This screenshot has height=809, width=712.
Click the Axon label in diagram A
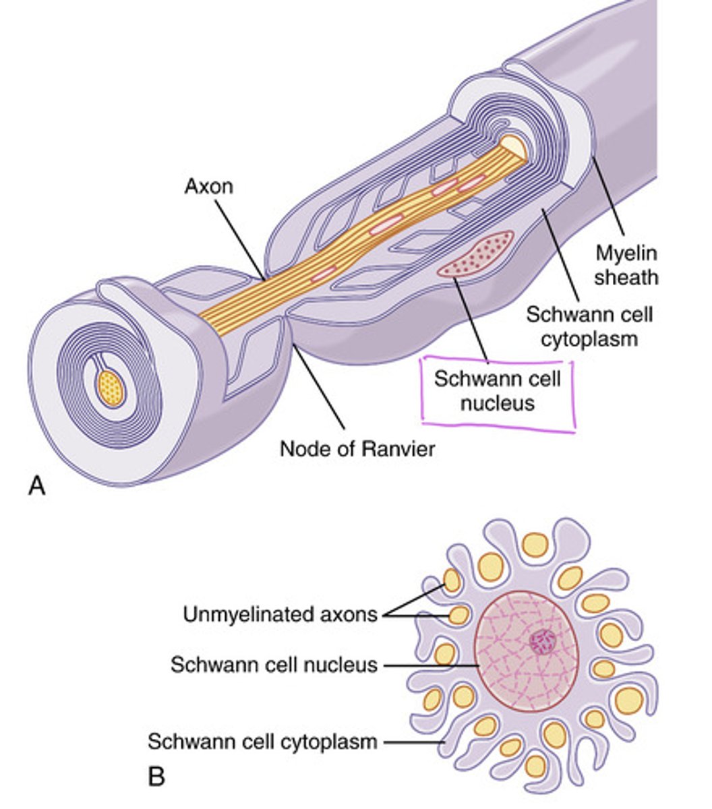(x=208, y=185)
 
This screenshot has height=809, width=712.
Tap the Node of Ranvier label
(x=357, y=448)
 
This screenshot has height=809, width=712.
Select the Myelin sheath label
(x=626, y=265)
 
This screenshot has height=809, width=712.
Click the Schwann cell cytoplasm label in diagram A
(x=590, y=325)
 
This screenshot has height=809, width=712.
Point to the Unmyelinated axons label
(x=280, y=614)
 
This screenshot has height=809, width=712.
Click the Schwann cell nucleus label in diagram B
(x=273, y=665)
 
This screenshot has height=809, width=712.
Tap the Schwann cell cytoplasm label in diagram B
(x=262, y=742)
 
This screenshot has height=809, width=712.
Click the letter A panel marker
(x=37, y=485)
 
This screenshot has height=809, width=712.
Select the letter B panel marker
(x=156, y=777)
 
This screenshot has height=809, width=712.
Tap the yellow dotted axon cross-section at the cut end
(x=111, y=388)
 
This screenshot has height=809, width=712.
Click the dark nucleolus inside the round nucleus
(x=541, y=642)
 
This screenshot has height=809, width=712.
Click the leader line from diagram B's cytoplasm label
(x=411, y=742)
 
